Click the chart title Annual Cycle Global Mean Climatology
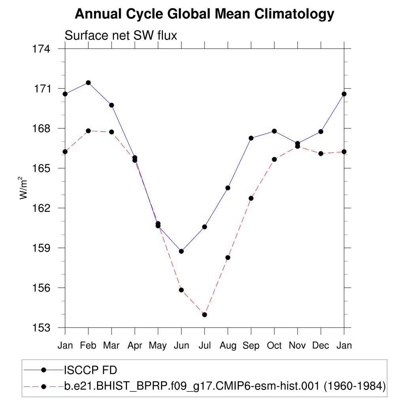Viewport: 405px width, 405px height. click(x=204, y=14)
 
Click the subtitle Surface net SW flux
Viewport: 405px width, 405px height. click(x=121, y=36)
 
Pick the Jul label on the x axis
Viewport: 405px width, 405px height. click(x=204, y=345)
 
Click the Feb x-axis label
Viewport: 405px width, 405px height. click(x=88, y=345)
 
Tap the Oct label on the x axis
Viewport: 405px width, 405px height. click(x=274, y=345)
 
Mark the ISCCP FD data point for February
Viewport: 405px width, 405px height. click(x=88, y=83)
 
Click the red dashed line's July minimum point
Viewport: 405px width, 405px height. click(x=204, y=315)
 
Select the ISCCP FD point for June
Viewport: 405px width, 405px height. click(x=181, y=251)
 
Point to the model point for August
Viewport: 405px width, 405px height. click(x=228, y=257)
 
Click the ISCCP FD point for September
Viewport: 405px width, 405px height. click(x=251, y=138)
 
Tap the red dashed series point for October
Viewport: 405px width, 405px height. click(x=274, y=159)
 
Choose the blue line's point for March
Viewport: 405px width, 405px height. click(x=112, y=105)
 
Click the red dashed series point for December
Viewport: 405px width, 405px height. click(x=321, y=153)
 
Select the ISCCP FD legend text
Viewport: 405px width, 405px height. click(x=91, y=370)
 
